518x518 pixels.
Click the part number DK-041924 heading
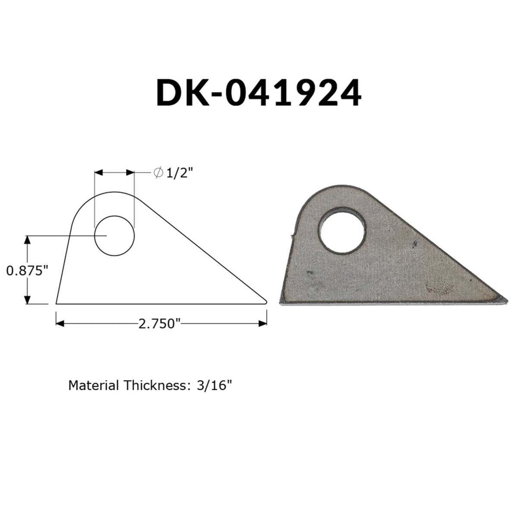click(x=258, y=92)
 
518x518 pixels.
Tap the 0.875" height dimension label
click(x=26, y=271)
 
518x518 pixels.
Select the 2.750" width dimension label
click(x=159, y=323)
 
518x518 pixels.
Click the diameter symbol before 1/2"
click(x=158, y=172)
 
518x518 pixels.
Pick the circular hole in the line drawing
click(x=114, y=236)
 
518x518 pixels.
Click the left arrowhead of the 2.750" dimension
click(x=60, y=323)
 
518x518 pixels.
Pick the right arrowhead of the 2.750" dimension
click(x=262, y=323)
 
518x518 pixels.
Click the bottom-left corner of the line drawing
click(x=57, y=303)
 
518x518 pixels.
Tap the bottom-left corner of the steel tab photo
click(x=282, y=303)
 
